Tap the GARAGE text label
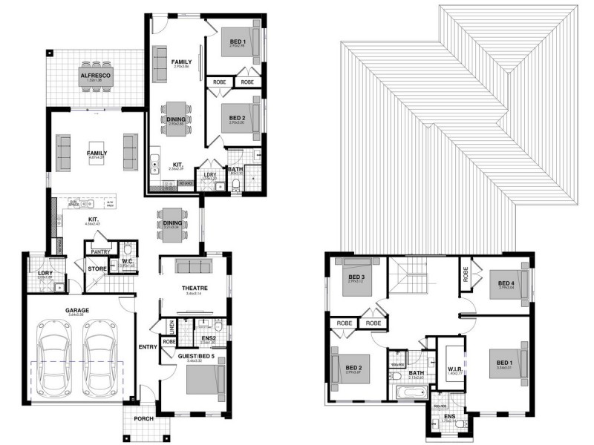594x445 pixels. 75,311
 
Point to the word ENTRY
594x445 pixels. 147,346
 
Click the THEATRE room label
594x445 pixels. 194,288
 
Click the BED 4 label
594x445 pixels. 506,283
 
